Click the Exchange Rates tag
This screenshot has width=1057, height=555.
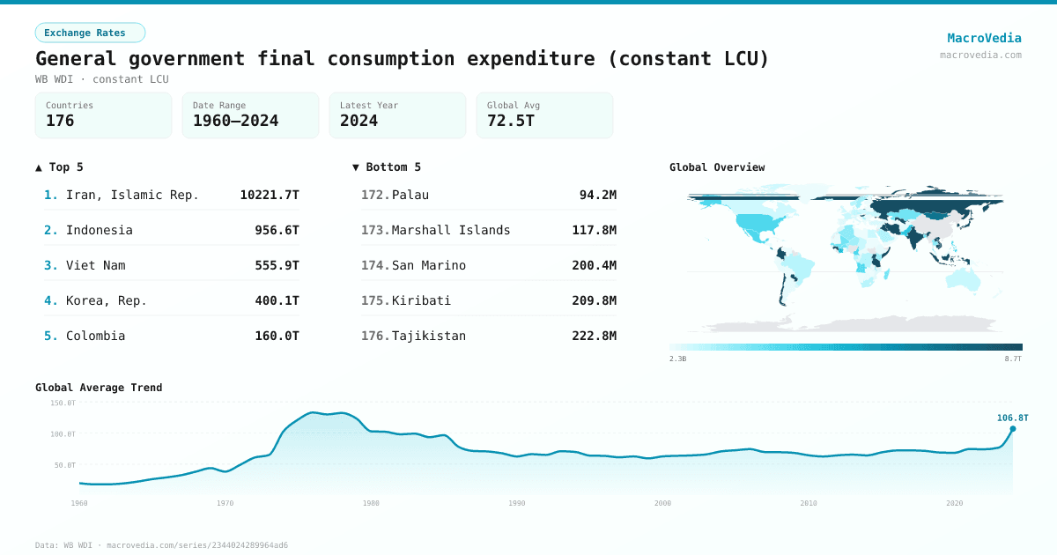[x=90, y=33]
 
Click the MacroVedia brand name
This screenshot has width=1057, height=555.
[x=984, y=38]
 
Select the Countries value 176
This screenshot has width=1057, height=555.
[x=60, y=121]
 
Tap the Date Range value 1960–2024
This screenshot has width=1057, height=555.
[x=235, y=121]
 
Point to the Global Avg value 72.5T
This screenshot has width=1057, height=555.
[x=511, y=121]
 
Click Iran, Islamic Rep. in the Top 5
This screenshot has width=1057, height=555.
[x=132, y=195]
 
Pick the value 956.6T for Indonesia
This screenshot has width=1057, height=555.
[x=277, y=230]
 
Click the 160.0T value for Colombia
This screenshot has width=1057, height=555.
[x=277, y=336]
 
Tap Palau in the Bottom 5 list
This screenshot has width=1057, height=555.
[x=410, y=195]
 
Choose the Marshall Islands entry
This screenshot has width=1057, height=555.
[x=451, y=230]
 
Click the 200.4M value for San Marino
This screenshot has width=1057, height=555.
[x=594, y=265]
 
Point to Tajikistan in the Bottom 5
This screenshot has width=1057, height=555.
[x=429, y=336]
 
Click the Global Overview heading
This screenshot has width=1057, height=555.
[x=717, y=167]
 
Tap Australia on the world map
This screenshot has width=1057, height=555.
[x=962, y=277]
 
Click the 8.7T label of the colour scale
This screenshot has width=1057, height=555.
[x=1013, y=359]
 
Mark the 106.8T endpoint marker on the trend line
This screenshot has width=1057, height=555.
[x=1012, y=429]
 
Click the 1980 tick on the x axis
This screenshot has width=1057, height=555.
[x=371, y=503]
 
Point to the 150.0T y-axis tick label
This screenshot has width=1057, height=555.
[x=63, y=403]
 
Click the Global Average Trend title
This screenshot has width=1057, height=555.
[x=99, y=388]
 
